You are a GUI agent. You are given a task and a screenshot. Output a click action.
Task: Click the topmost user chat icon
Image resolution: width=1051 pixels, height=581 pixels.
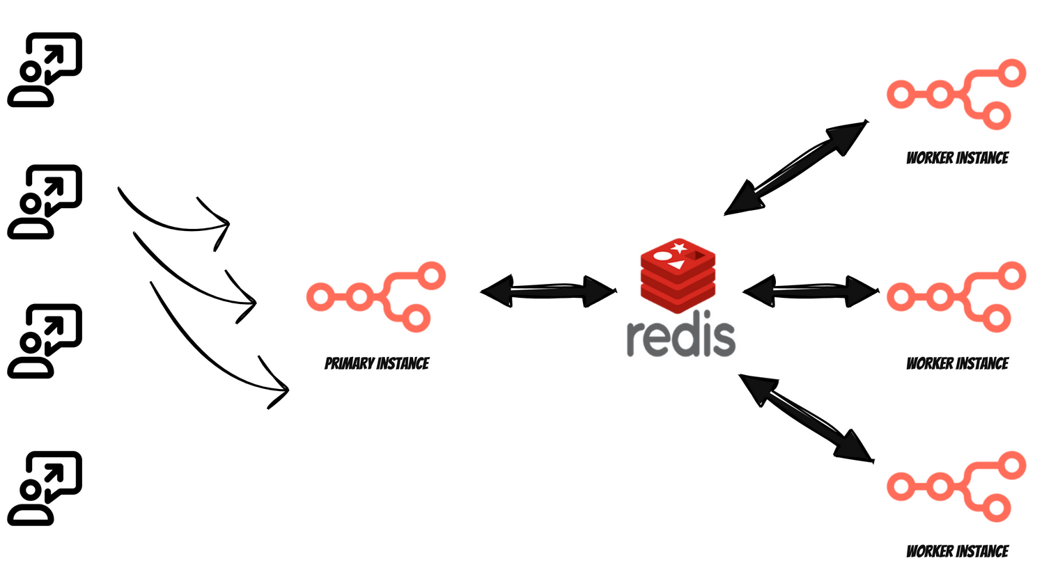coord(45,70)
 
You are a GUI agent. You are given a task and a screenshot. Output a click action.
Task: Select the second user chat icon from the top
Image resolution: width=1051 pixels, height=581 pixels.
coord(45,202)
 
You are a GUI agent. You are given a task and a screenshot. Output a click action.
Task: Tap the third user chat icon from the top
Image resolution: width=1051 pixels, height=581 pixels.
coord(45,341)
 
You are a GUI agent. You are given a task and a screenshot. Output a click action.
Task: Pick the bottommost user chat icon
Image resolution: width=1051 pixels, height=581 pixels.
coord(45,488)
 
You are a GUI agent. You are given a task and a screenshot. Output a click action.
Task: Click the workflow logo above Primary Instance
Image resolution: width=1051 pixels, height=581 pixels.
coord(376,297)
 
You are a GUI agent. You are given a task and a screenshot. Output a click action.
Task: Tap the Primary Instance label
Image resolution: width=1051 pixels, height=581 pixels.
coord(377,363)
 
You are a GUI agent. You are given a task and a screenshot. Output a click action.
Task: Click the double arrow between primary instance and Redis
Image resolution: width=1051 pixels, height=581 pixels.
coord(548,291)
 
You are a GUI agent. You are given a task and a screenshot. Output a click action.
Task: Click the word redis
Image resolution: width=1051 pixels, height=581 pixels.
coord(680,337)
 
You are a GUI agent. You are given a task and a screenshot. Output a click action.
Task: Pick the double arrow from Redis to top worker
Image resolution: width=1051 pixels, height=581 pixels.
coord(795,168)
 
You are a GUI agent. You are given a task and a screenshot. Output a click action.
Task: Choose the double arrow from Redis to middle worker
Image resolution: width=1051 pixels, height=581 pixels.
coord(810,291)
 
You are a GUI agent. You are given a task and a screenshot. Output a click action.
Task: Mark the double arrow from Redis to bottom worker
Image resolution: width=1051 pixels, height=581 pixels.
coord(806,417)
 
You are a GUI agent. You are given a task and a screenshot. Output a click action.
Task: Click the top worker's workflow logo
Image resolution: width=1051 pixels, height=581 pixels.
coord(956,95)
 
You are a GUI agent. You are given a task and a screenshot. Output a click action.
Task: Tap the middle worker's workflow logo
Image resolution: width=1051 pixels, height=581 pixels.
coord(956,297)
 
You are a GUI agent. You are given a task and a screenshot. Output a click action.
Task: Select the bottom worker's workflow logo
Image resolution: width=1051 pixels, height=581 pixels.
coord(956,486)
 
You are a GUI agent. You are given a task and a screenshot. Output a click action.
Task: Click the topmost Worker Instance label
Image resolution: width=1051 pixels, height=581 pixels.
coord(957,158)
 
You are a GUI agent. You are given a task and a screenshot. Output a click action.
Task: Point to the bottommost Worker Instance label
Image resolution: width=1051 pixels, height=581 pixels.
coord(957,551)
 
